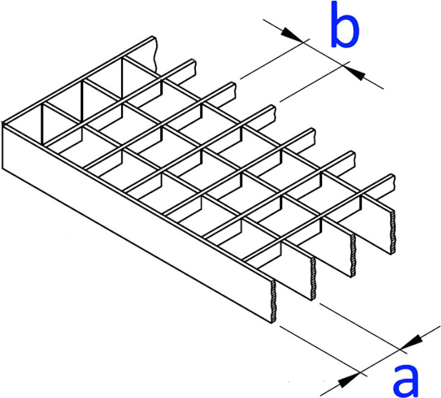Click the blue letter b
[x=345, y=25]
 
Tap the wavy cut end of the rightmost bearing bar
[x=393, y=232]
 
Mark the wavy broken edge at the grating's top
[x=155, y=55]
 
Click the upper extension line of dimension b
[x=275, y=59]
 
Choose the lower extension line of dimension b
[x=315, y=81]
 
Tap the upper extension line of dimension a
[x=363, y=328]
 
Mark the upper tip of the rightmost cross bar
[x=394, y=176]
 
